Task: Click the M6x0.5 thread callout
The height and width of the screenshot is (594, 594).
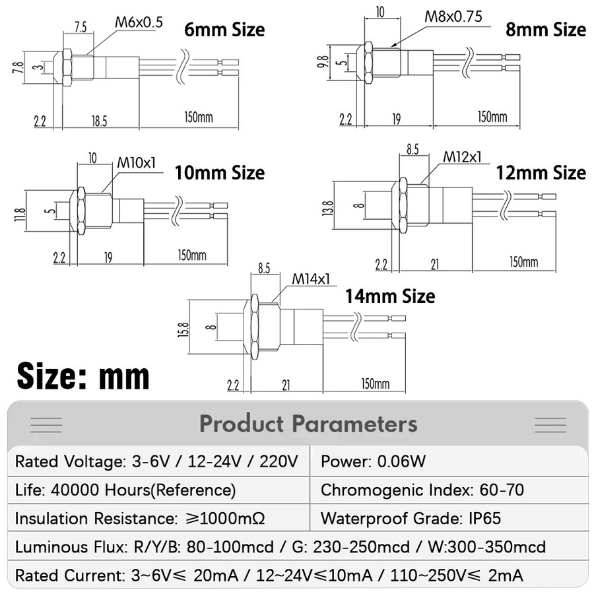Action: [139, 22]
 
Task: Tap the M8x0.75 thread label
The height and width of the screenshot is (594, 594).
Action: [453, 16]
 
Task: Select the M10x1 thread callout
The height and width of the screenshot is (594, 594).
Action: [137, 163]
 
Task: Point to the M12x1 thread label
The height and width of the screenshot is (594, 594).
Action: [462, 156]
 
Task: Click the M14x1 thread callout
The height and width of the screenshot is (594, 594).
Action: [311, 279]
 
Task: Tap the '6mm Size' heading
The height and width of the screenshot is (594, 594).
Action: [224, 30]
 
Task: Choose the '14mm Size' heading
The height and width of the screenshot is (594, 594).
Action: [390, 296]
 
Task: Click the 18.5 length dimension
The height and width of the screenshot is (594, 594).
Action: [99, 121]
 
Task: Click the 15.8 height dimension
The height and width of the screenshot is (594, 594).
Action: [183, 329]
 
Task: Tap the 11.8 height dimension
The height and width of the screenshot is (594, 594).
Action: [20, 214]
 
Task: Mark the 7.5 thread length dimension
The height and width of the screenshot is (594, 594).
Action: [81, 27]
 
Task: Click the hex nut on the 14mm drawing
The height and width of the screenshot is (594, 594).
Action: [254, 327]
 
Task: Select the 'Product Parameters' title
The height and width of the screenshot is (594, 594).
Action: [308, 424]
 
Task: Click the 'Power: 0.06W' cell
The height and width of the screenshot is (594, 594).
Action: [373, 461]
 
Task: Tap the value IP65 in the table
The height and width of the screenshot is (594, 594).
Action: [485, 518]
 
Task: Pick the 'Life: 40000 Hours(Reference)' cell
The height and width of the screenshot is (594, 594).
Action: [125, 490]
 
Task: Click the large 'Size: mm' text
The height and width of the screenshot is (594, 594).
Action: [83, 376]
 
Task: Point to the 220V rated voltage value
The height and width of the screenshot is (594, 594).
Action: [279, 461]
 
